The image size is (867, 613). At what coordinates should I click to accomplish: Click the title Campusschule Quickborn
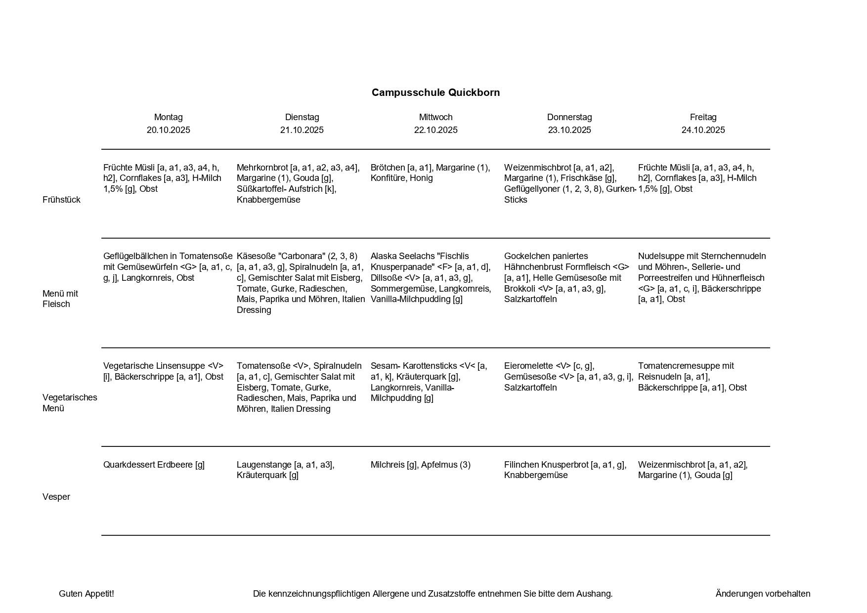click(x=435, y=92)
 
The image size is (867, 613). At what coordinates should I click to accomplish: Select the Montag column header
click(x=168, y=117)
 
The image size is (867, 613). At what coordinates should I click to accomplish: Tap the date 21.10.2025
click(x=302, y=130)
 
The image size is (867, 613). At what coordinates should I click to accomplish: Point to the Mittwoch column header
click(x=435, y=117)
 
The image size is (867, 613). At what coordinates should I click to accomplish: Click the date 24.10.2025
click(x=703, y=130)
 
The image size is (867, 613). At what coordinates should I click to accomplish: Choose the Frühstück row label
click(x=61, y=200)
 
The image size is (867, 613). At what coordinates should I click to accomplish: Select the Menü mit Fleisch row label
click(x=60, y=299)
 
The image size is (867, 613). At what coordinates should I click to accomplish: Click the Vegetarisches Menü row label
click(x=70, y=403)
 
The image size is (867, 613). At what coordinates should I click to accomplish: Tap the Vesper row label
click(x=56, y=497)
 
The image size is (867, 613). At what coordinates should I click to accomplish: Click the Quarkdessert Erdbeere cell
click(x=154, y=465)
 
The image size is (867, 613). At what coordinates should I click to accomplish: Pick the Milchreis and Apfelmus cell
click(x=420, y=465)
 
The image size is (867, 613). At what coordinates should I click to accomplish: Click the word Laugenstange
click(x=264, y=465)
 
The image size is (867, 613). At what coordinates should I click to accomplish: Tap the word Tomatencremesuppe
click(x=679, y=366)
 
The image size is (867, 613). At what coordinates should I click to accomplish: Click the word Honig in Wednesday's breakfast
click(x=421, y=178)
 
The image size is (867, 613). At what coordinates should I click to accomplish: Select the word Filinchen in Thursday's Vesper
click(x=521, y=465)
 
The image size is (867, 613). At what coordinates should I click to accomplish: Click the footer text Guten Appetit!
click(x=87, y=594)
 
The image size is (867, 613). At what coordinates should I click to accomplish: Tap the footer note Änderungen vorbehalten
click(x=763, y=594)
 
